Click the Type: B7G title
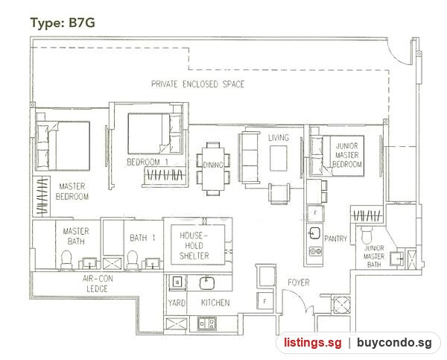click(63, 22)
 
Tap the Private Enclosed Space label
click(197, 84)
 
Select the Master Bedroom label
click(72, 192)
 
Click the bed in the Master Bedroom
click(63, 146)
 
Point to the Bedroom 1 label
click(148, 162)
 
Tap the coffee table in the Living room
click(278, 158)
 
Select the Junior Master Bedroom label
click(347, 155)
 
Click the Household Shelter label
click(194, 246)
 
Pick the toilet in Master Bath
click(66, 260)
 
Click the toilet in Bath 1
click(133, 260)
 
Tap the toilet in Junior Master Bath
click(367, 235)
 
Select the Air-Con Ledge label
click(97, 283)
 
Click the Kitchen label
click(215, 303)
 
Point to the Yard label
click(177, 303)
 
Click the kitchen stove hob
click(207, 323)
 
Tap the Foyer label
click(299, 282)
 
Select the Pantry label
click(335, 239)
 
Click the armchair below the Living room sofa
click(279, 194)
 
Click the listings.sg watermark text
click(312, 342)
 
